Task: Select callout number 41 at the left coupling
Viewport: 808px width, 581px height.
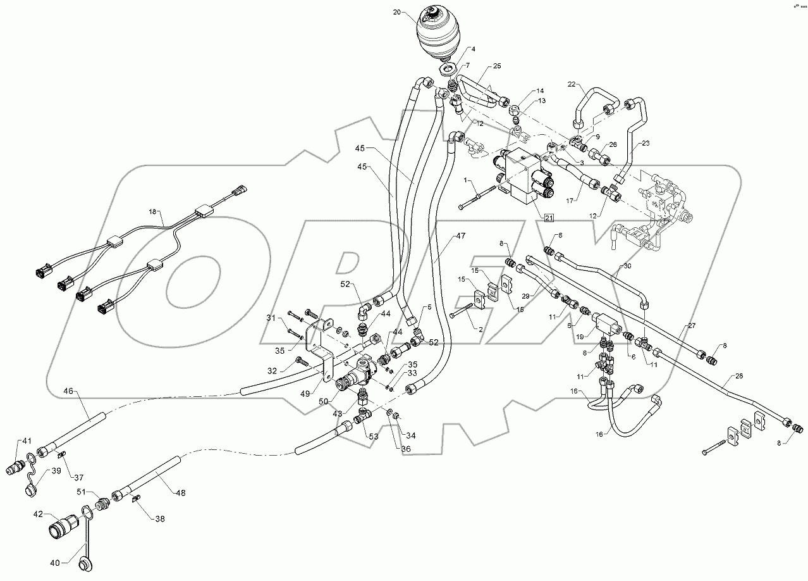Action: tap(27, 440)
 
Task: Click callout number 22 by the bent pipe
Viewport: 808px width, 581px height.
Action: tap(572, 84)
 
